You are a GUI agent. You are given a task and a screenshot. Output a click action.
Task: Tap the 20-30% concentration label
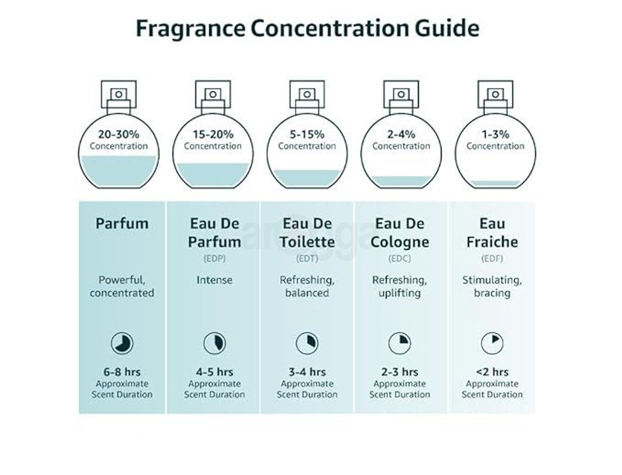coord(119,135)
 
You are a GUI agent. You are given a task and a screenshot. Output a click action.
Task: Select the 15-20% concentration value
coord(213,135)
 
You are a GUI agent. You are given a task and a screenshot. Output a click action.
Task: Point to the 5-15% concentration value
coord(307,135)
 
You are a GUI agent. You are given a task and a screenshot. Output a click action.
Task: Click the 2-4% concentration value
coord(401,135)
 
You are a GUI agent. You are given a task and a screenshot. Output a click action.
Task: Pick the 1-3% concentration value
coord(495,135)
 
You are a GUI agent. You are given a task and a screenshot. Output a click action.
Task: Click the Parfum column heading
coord(122,223)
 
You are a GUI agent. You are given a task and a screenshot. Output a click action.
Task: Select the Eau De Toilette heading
coord(307,232)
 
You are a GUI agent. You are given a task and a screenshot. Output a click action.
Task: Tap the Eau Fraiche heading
coord(492,232)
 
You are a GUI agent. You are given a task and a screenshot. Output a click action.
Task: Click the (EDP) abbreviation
coord(214,259)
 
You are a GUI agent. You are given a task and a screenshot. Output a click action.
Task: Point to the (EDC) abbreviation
coord(399,259)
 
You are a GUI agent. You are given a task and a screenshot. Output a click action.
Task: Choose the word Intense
coord(214,280)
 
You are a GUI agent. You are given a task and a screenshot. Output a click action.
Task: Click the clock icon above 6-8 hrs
coord(122,343)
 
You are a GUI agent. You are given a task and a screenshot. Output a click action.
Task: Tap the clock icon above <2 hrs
coord(492,343)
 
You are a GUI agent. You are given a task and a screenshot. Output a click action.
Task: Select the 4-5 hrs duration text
coord(214,372)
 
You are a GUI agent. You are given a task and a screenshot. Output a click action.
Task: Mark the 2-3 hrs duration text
coord(399,372)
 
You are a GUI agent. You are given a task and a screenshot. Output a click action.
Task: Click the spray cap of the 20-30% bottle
coord(119,95)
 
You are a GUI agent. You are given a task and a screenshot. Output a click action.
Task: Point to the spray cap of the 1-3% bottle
coord(495,95)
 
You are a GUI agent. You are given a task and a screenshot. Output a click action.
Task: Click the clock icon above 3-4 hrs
coord(307,343)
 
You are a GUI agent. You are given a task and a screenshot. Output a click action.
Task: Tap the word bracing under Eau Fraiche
coord(492,293)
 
